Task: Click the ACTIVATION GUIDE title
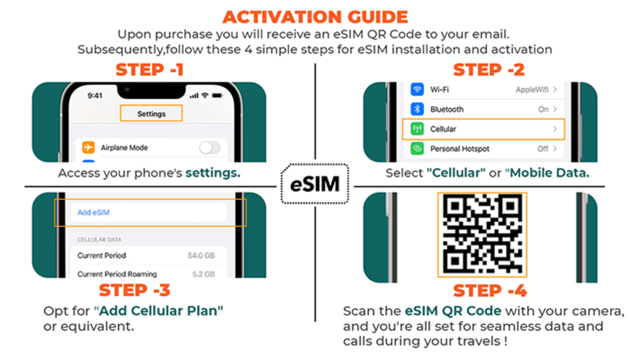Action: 315,17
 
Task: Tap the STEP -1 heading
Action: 149,70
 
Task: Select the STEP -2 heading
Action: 489,70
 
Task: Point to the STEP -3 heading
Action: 135,290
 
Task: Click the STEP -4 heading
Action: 490,291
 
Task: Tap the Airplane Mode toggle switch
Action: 210,148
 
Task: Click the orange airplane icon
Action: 88,147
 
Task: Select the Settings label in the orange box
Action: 151,114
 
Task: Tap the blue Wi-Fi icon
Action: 417,90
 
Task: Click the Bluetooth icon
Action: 417,109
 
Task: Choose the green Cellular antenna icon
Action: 417,129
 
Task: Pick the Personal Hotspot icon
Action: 417,148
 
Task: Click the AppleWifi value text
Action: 532,90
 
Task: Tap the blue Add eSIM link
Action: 94,212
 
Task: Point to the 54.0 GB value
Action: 201,256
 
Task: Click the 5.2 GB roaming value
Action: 203,274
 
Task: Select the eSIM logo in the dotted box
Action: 315,184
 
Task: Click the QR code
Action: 482,234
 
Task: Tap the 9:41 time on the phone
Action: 95,95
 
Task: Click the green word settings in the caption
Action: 213,173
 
